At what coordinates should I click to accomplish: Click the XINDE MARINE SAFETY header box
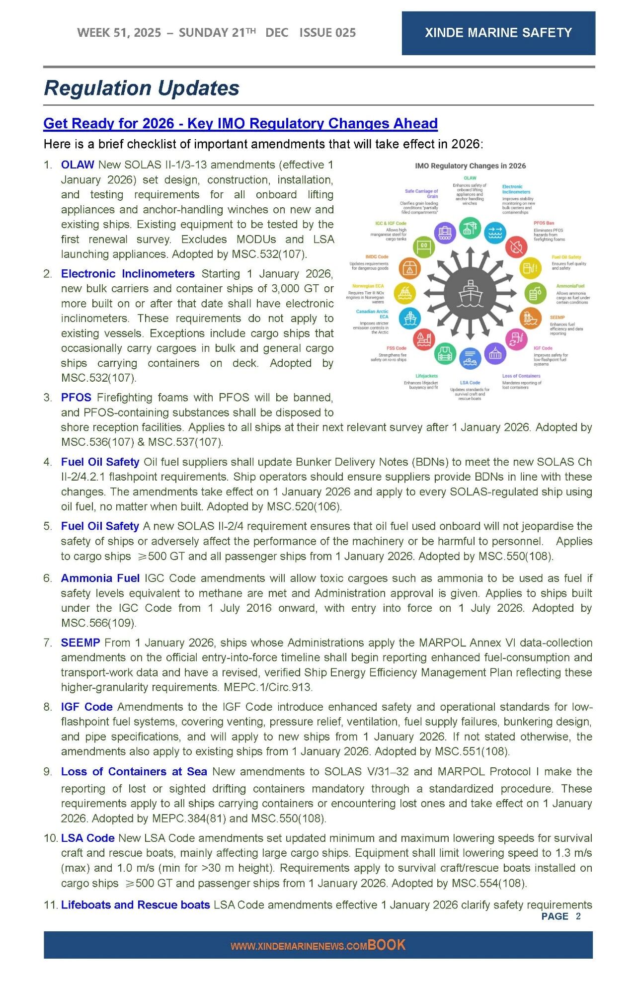pyautogui.click(x=498, y=33)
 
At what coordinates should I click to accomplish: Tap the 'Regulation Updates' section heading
pyautogui.click(x=142, y=88)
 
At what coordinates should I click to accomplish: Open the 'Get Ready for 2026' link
pyautogui.click(x=240, y=123)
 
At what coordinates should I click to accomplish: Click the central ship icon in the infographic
pyautogui.click(x=470, y=293)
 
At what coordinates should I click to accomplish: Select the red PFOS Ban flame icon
pyautogui.click(x=517, y=246)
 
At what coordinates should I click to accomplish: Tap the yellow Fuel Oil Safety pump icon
pyautogui.click(x=530, y=268)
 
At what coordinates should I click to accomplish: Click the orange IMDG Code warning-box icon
pyautogui.click(x=409, y=268)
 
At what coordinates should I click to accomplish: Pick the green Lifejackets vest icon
pyautogui.click(x=445, y=354)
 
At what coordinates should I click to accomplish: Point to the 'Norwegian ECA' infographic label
pyautogui.click(x=368, y=286)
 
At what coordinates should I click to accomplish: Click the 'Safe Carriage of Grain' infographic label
pyautogui.click(x=421, y=193)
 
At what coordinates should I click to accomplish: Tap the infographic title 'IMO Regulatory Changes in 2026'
pyautogui.click(x=470, y=166)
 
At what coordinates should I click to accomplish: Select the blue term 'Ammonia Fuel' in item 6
pyautogui.click(x=100, y=578)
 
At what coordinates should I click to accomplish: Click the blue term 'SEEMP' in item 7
pyautogui.click(x=80, y=643)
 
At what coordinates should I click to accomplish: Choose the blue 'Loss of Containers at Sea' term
pyautogui.click(x=134, y=771)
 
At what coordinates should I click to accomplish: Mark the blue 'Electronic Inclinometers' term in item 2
pyautogui.click(x=128, y=273)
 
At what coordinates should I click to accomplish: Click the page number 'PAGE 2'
pyautogui.click(x=560, y=916)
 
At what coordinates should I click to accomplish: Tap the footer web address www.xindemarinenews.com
pyautogui.click(x=299, y=946)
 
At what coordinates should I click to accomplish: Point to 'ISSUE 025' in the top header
pyautogui.click(x=327, y=33)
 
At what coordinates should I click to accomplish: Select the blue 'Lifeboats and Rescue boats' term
pyautogui.click(x=135, y=904)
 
